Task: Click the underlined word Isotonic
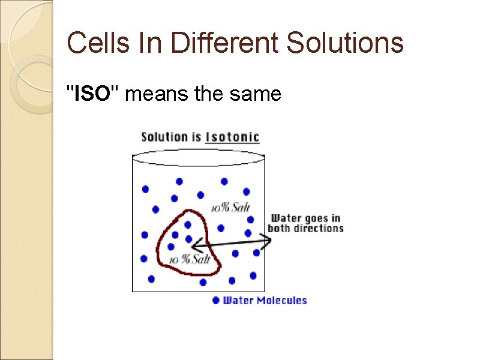[232, 137]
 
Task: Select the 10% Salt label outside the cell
[230, 208]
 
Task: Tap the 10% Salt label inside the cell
[190, 259]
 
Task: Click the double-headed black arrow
[232, 242]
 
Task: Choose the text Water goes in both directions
[306, 223]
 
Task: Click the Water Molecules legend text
[265, 300]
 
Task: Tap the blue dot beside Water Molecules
[216, 300]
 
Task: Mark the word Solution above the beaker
[163, 137]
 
